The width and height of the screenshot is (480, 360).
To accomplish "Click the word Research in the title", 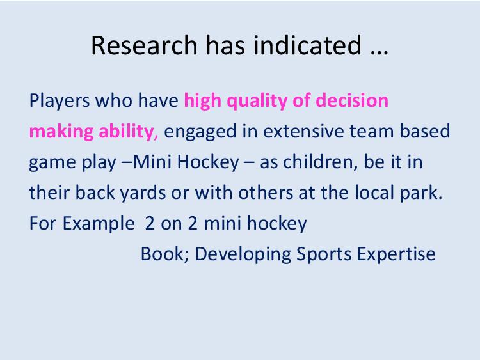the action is pos(144,45).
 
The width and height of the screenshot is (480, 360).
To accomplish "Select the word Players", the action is pos(60,101).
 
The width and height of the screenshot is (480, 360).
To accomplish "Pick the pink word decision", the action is pos(352,100).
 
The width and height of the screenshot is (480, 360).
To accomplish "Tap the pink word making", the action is pos(61,132).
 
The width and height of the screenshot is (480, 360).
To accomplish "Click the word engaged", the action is pos(200,132).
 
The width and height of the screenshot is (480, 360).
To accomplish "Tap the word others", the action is pos(266,192).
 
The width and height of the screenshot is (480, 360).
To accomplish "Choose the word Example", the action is pos(99,224).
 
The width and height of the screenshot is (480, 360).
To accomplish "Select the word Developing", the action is pos(243,254).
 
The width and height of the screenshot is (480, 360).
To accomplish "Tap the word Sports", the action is pos(324,254).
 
